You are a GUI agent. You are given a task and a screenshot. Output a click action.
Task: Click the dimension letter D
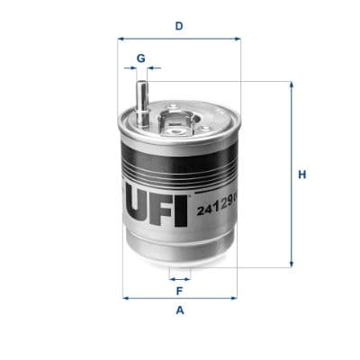click(x=180, y=26)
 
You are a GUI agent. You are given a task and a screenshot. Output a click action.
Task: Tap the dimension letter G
click(x=140, y=58)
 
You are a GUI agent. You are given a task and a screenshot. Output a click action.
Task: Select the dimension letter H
click(x=303, y=175)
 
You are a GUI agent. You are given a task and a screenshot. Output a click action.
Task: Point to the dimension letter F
click(x=180, y=292)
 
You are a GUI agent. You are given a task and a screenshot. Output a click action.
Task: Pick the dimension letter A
click(x=180, y=311)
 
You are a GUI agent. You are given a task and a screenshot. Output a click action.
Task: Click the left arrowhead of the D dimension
click(x=122, y=39)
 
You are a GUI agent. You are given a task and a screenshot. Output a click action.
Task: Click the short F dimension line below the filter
click(x=180, y=279)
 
